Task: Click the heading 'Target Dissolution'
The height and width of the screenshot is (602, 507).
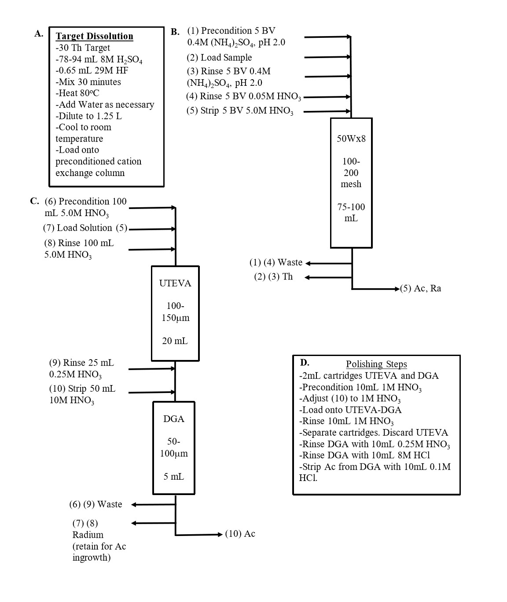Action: tap(94, 36)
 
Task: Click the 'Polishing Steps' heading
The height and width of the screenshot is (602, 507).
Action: tap(376, 364)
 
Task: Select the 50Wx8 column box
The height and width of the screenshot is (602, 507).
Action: tap(351, 183)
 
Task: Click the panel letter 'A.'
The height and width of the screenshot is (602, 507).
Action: tap(39, 34)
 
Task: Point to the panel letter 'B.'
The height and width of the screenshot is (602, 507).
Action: tap(175, 32)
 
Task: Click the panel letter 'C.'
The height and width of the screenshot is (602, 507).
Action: tap(35, 201)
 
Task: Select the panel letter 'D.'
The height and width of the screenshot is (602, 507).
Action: tap(305, 363)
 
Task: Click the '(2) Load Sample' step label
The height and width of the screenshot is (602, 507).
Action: tap(219, 57)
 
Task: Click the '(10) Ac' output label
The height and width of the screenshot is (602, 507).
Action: tap(240, 534)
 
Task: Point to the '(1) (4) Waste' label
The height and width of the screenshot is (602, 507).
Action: tap(276, 262)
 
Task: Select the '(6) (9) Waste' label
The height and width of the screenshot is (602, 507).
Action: tap(96, 504)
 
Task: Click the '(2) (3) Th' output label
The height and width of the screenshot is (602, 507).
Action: tap(273, 277)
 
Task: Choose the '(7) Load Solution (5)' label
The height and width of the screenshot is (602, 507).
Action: tap(85, 228)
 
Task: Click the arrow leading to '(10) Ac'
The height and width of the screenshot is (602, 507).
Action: tap(199, 535)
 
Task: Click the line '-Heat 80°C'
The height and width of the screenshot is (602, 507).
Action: tap(77, 93)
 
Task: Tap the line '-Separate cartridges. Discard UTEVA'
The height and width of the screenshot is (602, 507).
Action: tap(374, 433)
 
